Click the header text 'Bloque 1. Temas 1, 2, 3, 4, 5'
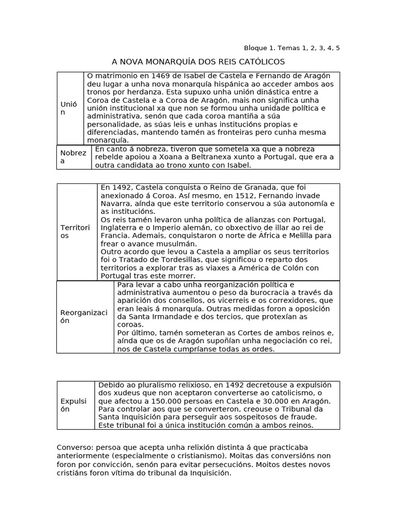click(292, 48)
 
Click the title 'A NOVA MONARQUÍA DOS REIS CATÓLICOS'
click(198, 62)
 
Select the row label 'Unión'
click(69, 108)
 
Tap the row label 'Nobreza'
click(73, 157)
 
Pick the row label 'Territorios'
click(75, 231)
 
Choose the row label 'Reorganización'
click(84, 317)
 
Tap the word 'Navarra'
click(116, 204)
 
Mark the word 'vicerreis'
click(235, 300)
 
